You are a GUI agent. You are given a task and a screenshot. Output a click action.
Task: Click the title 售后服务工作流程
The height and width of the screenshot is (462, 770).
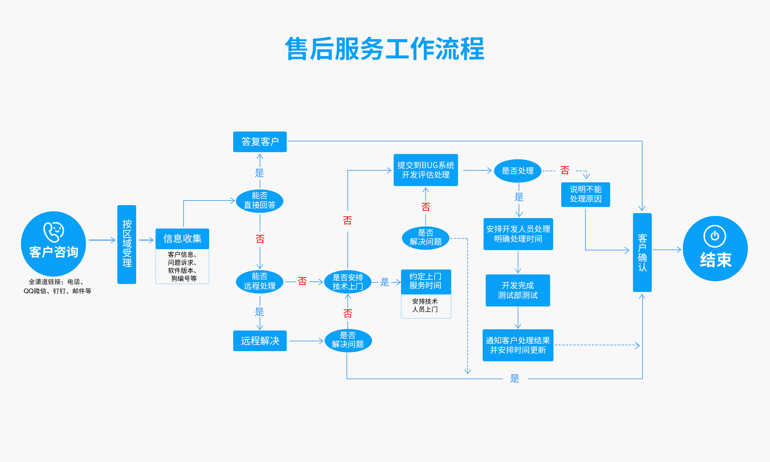[x=385, y=49]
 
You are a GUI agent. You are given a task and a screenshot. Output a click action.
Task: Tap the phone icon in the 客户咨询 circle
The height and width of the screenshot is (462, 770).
[x=54, y=232]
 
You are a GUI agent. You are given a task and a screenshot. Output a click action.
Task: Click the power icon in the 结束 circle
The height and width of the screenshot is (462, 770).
[x=715, y=236]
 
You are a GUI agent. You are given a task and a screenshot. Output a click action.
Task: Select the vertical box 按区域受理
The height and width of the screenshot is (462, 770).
[x=127, y=244]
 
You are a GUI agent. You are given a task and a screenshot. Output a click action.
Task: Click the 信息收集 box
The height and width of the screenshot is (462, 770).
[x=182, y=238]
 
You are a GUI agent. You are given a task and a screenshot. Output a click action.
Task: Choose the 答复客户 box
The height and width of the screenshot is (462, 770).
[x=260, y=142]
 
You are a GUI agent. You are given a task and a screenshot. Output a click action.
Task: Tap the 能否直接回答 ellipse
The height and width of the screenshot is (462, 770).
[x=260, y=201]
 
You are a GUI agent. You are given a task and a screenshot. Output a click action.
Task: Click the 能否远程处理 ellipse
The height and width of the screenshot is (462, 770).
[x=260, y=282]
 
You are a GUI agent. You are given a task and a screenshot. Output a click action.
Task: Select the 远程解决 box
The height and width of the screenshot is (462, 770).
[x=260, y=341]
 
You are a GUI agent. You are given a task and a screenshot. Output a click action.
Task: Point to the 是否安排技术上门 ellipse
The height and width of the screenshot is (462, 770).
[x=348, y=282]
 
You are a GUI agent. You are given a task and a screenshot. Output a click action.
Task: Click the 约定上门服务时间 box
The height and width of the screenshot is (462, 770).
[x=425, y=282]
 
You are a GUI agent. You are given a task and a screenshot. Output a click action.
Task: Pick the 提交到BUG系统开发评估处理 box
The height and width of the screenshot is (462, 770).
[x=425, y=170]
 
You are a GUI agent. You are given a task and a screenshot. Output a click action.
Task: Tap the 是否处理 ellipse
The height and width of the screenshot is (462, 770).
[x=517, y=171]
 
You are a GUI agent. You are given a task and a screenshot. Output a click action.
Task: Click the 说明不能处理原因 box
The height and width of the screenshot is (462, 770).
[x=586, y=194]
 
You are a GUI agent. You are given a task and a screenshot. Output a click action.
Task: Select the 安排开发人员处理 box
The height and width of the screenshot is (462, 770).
[x=518, y=234]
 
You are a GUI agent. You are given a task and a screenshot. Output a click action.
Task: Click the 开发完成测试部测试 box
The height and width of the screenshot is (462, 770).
[x=517, y=290]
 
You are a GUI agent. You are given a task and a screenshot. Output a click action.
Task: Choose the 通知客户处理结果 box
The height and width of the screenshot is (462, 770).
[x=517, y=345]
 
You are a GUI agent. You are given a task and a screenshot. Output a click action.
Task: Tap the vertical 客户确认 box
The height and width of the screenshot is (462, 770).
[x=642, y=252]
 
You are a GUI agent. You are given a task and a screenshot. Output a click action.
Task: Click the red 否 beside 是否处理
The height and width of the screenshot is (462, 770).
[x=565, y=170]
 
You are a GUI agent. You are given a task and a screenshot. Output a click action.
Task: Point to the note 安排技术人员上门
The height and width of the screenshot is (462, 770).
[x=425, y=306]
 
